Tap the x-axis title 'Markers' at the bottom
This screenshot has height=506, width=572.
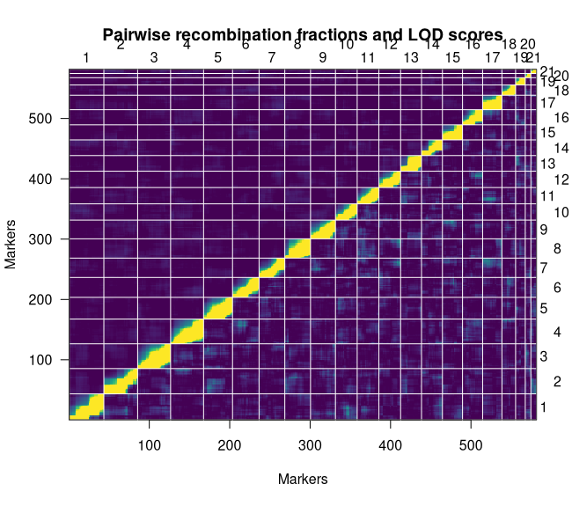(x=303, y=480)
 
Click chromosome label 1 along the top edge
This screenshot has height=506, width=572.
(x=86, y=57)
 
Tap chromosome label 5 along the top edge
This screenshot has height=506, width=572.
(x=217, y=57)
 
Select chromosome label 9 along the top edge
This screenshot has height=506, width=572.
(x=322, y=57)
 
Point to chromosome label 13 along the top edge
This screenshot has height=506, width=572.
(x=411, y=57)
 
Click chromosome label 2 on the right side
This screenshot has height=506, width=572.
(x=557, y=382)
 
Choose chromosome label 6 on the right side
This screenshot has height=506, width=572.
(x=557, y=288)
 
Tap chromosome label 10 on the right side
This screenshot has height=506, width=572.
(x=561, y=212)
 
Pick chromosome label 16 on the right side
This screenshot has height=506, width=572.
(x=561, y=118)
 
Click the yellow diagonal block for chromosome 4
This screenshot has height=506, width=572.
(x=188, y=331)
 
